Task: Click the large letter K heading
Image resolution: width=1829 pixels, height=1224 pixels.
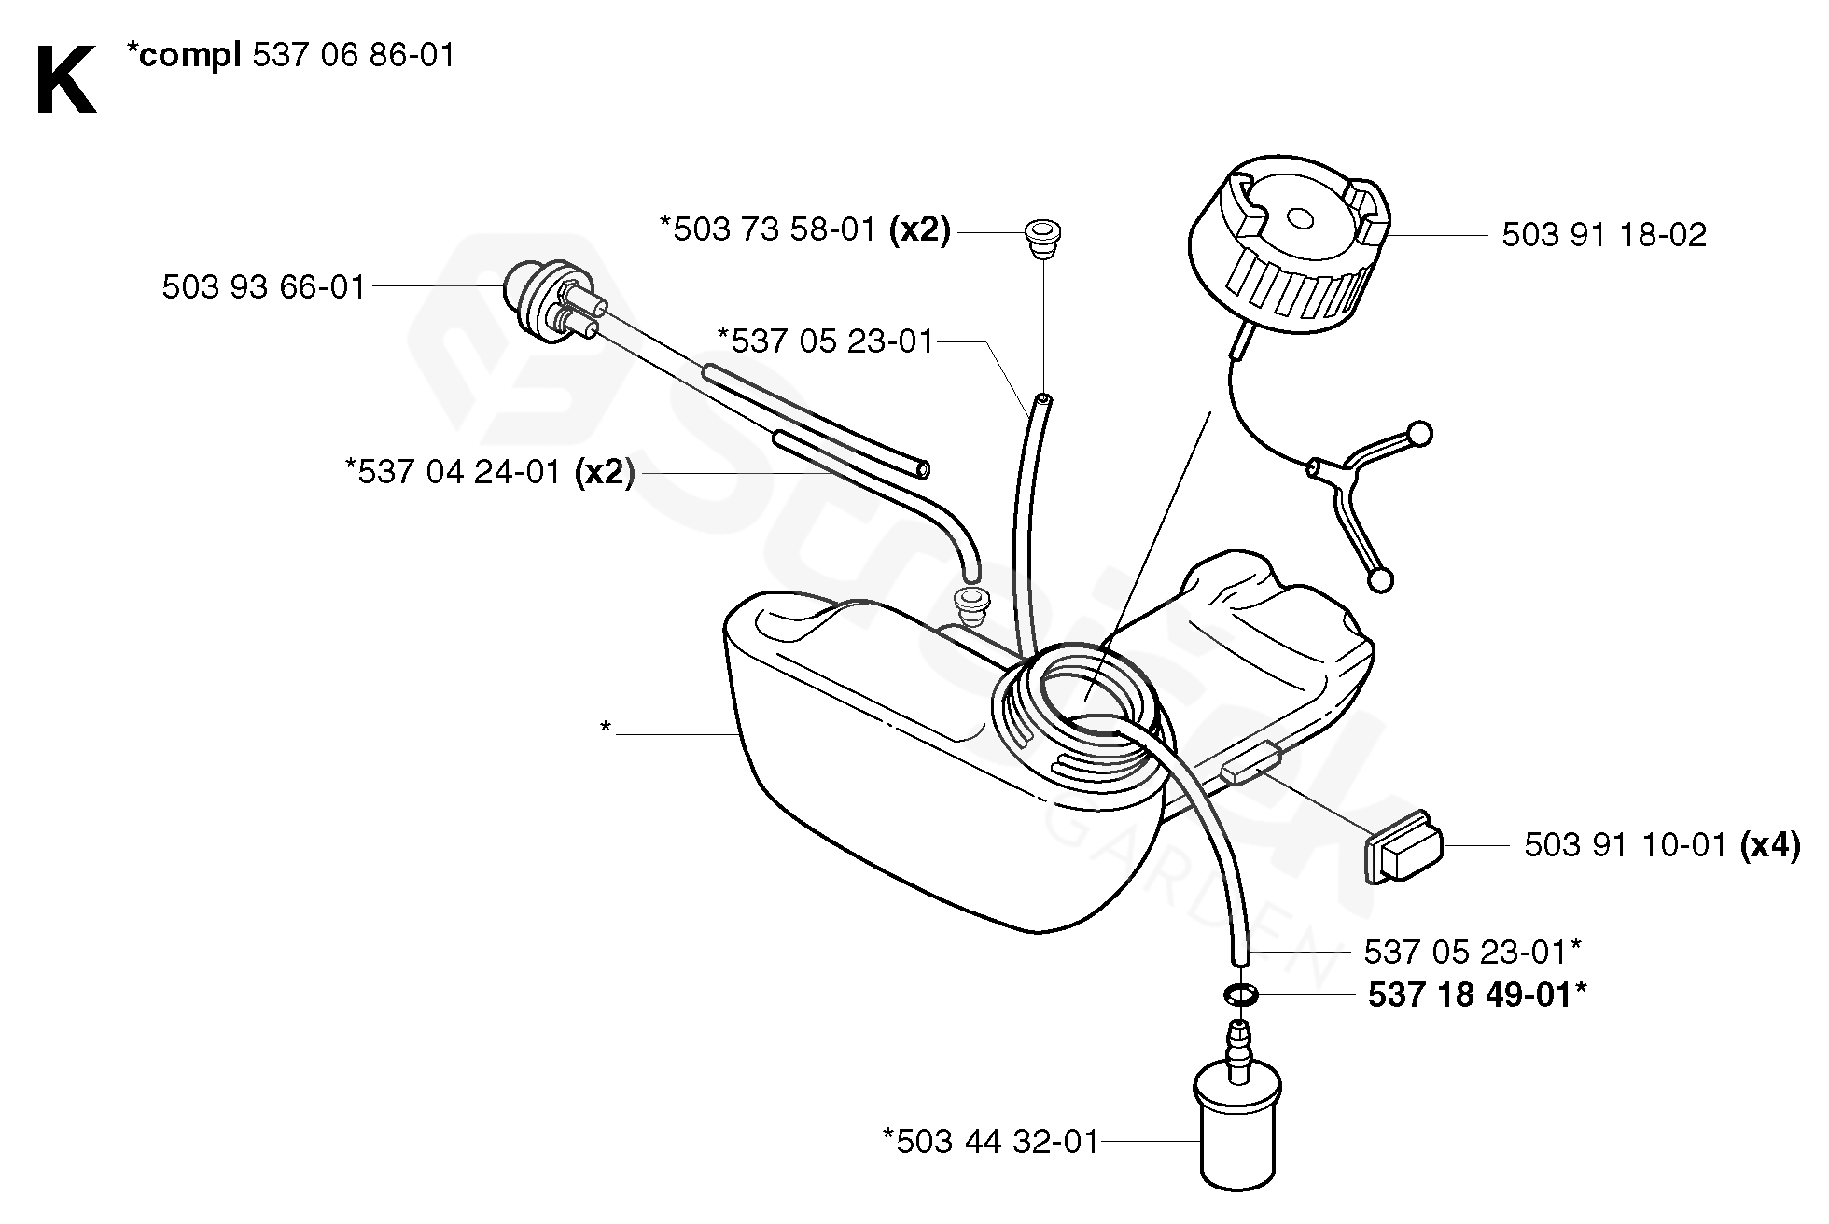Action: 65,81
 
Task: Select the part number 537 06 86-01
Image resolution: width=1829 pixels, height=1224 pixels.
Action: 355,56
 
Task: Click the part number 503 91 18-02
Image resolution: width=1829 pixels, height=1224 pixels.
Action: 1603,235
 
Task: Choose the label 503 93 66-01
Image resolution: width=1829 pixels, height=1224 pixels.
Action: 264,287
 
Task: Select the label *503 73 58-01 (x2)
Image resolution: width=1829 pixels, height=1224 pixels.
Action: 804,229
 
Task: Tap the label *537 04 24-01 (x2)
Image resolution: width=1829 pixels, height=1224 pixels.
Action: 490,472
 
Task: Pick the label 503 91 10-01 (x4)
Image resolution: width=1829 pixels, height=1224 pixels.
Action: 1661,845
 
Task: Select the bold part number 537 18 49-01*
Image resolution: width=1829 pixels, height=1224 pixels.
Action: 1476,995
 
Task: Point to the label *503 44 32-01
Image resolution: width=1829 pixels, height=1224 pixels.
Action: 991,1141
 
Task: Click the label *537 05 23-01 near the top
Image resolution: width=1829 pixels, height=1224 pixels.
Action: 825,341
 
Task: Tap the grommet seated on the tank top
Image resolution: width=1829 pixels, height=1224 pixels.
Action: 970,607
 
